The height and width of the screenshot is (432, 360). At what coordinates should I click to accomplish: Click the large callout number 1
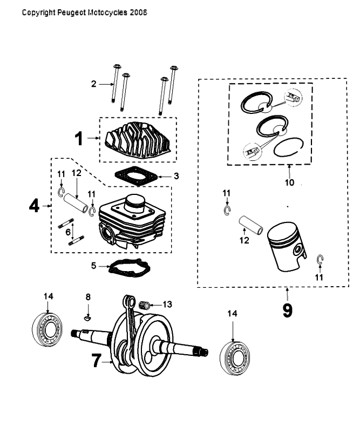pyautogui.click(x=79, y=139)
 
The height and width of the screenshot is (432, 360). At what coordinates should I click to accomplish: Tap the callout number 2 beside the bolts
pyautogui.click(x=93, y=84)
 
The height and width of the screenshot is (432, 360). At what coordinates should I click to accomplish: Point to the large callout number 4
pyautogui.click(x=34, y=206)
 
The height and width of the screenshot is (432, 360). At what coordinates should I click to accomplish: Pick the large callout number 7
pyautogui.click(x=96, y=360)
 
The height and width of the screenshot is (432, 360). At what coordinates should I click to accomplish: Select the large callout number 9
pyautogui.click(x=287, y=311)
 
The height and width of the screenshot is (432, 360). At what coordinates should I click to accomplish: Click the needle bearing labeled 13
pyautogui.click(x=144, y=304)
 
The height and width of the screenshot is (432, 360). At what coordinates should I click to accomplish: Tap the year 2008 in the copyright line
pyautogui.click(x=138, y=11)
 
